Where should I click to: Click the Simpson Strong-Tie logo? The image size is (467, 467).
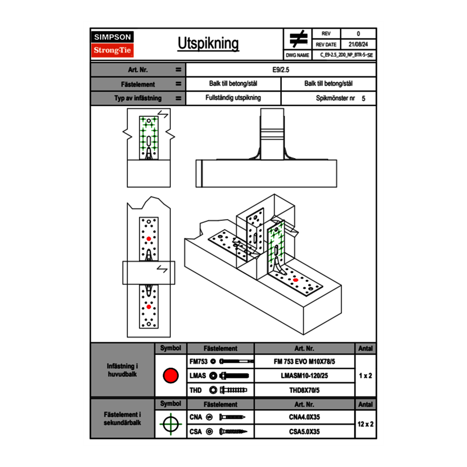(x=113, y=44)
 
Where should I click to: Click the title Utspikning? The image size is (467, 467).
(x=208, y=44)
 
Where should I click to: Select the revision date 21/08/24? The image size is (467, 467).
(x=358, y=45)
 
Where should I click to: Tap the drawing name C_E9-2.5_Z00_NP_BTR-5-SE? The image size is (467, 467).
(x=347, y=55)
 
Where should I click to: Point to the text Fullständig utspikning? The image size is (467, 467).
(x=233, y=98)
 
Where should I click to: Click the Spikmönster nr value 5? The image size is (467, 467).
(x=364, y=99)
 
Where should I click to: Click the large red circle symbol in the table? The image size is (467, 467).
(x=170, y=376)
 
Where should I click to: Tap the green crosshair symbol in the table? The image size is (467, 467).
(x=170, y=424)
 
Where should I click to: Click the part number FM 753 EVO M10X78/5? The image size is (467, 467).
(x=305, y=361)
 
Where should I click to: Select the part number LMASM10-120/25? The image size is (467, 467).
(x=305, y=376)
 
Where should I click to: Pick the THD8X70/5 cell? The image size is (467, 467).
(x=305, y=390)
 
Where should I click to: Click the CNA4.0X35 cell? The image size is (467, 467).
(x=305, y=417)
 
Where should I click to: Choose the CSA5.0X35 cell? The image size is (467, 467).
(x=305, y=431)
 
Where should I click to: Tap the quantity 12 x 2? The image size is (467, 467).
(x=366, y=424)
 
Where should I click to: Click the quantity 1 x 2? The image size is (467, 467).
(x=366, y=376)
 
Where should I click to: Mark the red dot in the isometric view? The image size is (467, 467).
(x=295, y=280)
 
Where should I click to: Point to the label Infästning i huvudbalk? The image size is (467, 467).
(x=123, y=370)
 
